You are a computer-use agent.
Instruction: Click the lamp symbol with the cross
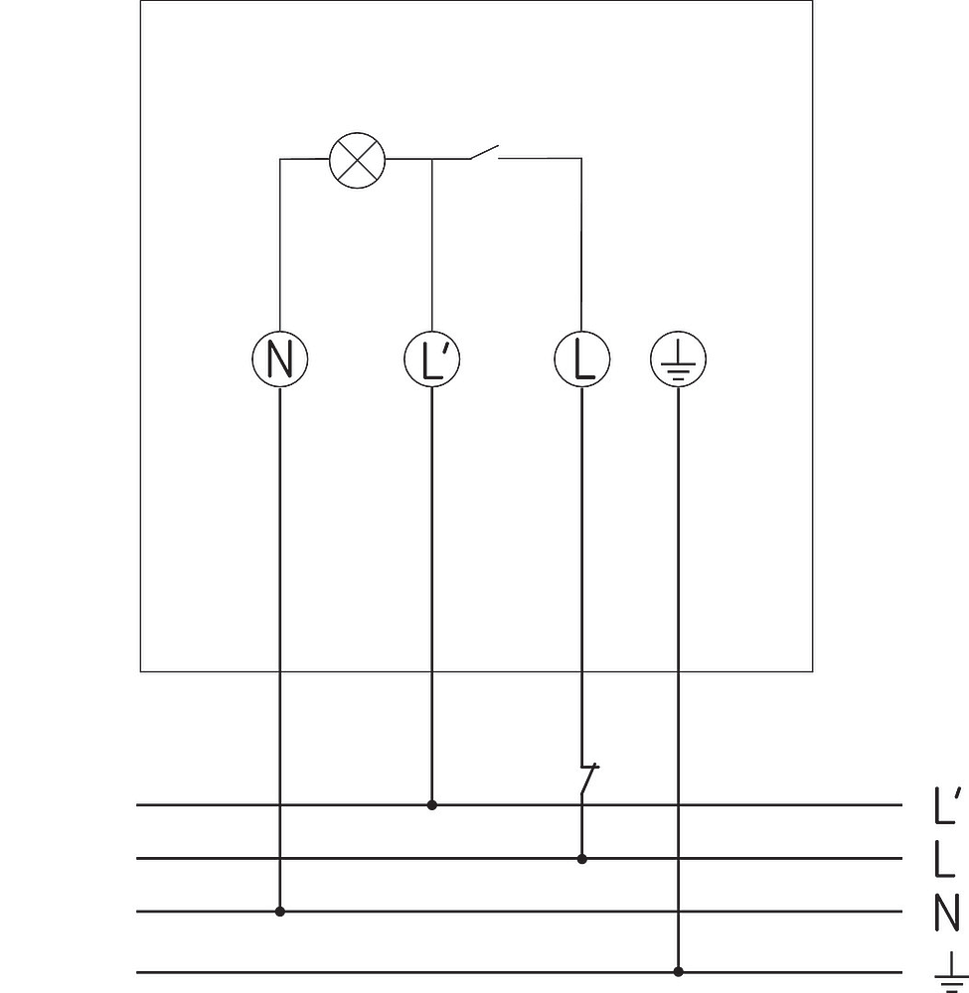point(358,160)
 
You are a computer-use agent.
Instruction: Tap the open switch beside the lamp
point(484,153)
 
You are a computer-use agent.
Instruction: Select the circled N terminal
point(280,359)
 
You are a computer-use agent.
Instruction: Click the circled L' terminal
point(432,359)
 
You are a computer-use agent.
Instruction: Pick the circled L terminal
point(582,359)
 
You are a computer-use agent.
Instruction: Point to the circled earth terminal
point(678,359)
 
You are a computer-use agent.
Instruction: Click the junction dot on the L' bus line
point(432,805)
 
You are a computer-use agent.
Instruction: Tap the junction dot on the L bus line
point(581,859)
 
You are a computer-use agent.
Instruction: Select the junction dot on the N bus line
point(280,912)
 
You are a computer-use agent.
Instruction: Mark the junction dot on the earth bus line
point(678,971)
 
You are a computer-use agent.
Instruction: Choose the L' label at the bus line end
point(948,805)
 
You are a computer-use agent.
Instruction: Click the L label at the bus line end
point(944,859)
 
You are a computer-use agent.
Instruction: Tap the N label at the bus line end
point(947,913)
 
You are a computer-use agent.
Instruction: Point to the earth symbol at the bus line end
point(951,971)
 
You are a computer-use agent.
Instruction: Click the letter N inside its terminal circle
point(280,359)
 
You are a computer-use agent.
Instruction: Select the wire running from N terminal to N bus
point(280,649)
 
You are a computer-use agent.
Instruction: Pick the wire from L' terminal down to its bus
point(432,596)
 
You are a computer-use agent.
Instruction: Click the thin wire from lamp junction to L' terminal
point(432,244)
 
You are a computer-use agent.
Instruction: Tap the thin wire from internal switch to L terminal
point(581,244)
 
